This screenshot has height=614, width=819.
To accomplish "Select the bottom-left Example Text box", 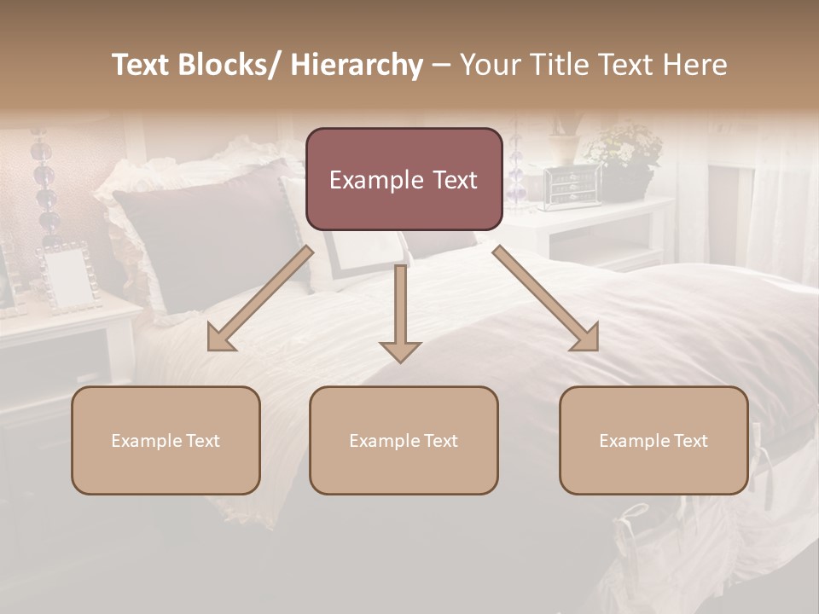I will (166, 440).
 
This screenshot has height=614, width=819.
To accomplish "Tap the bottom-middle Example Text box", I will (404, 440).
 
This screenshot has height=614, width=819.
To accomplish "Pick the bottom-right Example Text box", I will (653, 440).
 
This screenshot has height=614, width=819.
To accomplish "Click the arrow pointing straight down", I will (400, 316).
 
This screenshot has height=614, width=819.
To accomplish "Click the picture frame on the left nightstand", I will (69, 277).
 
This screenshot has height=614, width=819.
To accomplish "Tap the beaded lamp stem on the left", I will (43, 188).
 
